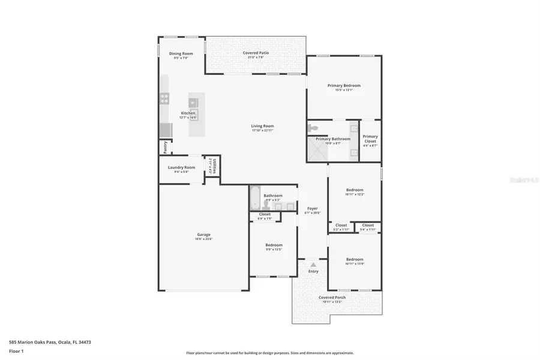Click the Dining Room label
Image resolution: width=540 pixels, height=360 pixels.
click(x=181, y=53)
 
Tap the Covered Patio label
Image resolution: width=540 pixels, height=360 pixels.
click(x=256, y=53)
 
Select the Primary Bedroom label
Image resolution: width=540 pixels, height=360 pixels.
click(x=344, y=85)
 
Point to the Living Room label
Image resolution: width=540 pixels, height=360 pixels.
click(x=262, y=125)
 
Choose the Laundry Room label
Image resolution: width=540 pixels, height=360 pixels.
click(x=181, y=167)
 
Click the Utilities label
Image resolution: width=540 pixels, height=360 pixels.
click(x=214, y=166)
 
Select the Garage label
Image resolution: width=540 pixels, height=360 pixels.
click(x=203, y=235)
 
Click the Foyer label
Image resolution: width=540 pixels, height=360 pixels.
click(x=312, y=208)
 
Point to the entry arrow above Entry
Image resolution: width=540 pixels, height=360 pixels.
click(x=313, y=264)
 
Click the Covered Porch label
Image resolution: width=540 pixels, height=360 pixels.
click(x=332, y=297)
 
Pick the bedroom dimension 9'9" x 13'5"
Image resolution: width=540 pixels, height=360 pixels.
click(x=274, y=250)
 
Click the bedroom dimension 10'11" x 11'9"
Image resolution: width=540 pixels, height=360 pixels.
click(x=354, y=264)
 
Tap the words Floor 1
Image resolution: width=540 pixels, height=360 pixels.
click(x=16, y=350)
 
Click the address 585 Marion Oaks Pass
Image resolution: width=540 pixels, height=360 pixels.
click(x=33, y=342)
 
